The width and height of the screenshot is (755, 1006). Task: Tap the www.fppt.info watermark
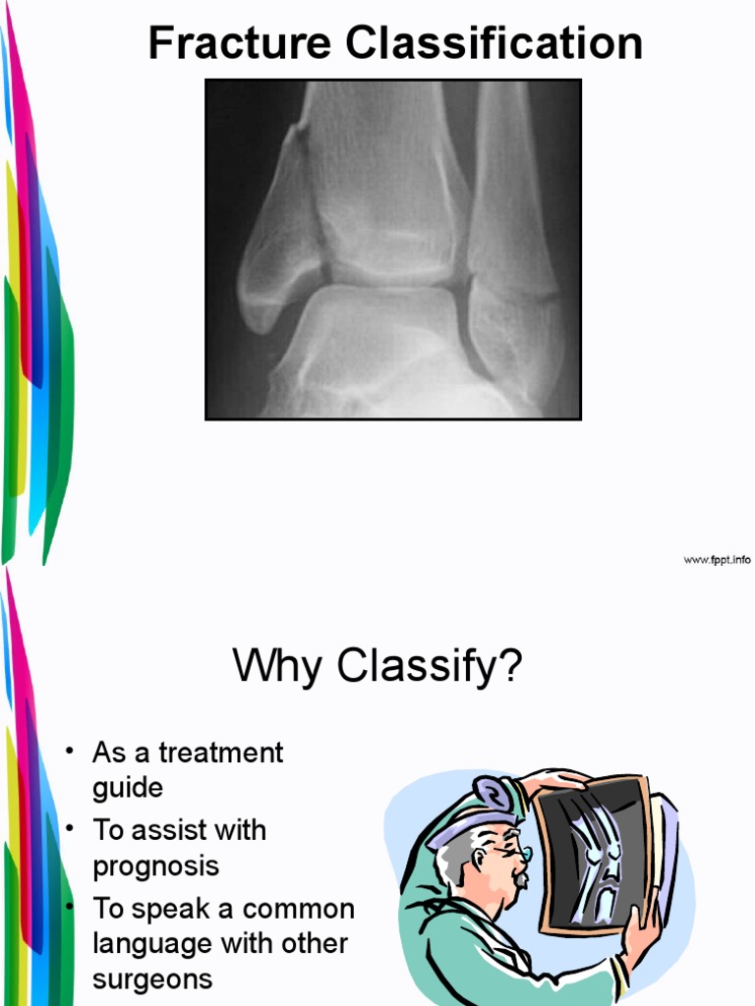(717, 559)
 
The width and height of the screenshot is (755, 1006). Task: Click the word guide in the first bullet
(127, 789)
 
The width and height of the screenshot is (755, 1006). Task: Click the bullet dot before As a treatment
(70, 753)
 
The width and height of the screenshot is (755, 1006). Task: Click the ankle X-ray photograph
(392, 250)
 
